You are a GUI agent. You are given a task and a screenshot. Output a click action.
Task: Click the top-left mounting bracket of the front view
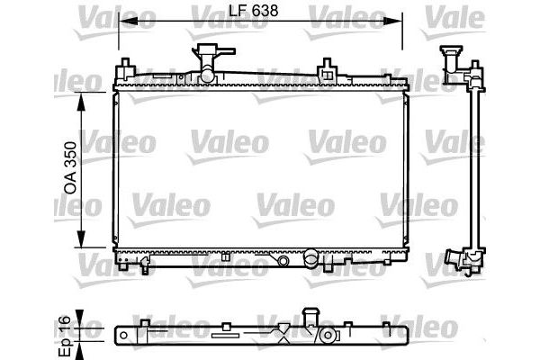click(127, 68)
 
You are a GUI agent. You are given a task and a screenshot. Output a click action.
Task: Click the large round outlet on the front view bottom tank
click(310, 260)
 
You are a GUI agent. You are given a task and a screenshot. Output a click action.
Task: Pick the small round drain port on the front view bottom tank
click(283, 260)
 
